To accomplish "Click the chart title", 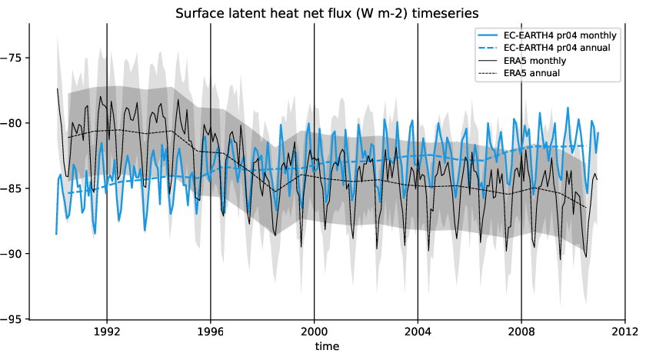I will (326, 13).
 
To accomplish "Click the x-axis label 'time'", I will (326, 348).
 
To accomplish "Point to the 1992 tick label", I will (107, 332).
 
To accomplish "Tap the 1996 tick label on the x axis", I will (211, 332).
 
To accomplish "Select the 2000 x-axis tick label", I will (314, 332).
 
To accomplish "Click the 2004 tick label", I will (418, 332).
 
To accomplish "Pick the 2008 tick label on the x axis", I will (521, 332).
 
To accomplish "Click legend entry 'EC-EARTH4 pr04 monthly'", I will (566, 35).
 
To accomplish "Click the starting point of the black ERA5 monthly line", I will (57, 88).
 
